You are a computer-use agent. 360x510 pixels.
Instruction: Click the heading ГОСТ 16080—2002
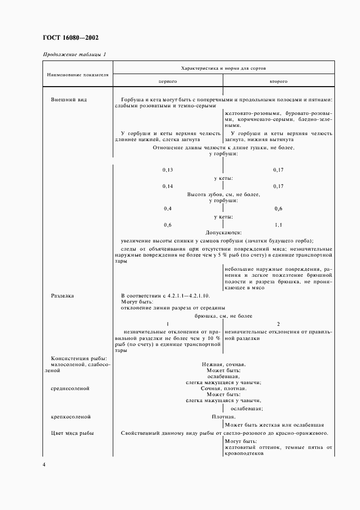click(70, 38)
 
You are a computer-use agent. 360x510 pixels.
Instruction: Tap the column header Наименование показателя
click(77, 74)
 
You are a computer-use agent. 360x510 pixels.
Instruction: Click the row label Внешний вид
click(69, 100)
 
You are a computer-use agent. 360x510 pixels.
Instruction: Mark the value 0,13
click(167, 169)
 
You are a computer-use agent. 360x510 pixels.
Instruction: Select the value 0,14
click(167, 186)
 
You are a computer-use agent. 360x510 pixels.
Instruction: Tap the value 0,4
click(167, 209)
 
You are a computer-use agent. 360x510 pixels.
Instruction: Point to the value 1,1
click(278, 224)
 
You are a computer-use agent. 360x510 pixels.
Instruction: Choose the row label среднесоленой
click(70, 388)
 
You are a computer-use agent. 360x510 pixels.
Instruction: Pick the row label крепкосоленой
click(70, 417)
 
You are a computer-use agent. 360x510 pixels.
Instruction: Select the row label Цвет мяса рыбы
click(72, 433)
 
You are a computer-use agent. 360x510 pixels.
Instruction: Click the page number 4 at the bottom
click(44, 464)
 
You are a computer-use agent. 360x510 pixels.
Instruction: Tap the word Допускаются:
click(223, 232)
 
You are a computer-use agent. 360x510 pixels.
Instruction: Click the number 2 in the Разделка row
click(278, 323)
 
